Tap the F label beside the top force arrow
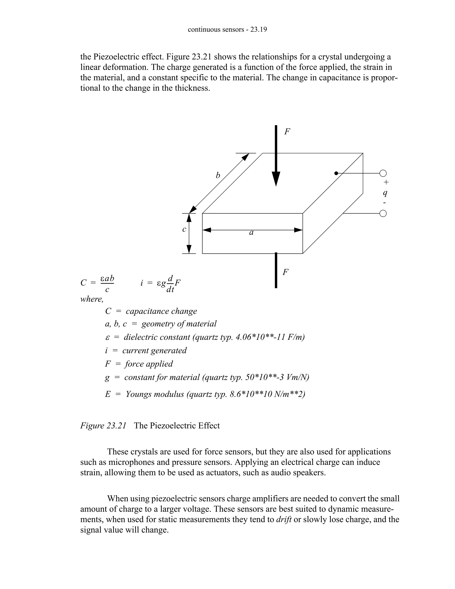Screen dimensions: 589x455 pyautogui.click(x=287, y=132)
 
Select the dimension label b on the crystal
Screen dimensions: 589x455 pyautogui.click(x=218, y=176)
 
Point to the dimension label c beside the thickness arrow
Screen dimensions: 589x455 pyautogui.click(x=184, y=229)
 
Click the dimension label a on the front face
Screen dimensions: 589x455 pyautogui.click(x=251, y=232)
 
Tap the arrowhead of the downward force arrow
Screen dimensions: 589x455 pyautogui.click(x=276, y=178)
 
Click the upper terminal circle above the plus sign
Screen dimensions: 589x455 pyautogui.click(x=383, y=173)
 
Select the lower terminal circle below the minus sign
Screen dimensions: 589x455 pyautogui.click(x=383, y=214)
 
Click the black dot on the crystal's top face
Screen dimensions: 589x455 pyautogui.click(x=336, y=173)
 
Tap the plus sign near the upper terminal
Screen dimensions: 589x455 pyautogui.click(x=386, y=182)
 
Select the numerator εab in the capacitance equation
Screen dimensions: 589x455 pyautogui.click(x=107, y=278)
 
